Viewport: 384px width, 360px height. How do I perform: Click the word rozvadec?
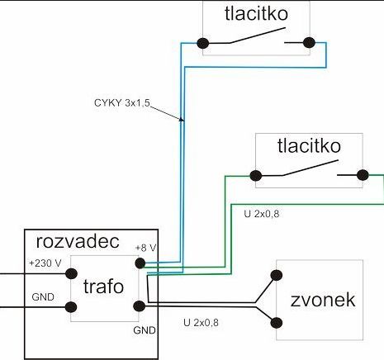coord(78,242)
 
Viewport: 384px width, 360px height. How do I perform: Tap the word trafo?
coord(103,287)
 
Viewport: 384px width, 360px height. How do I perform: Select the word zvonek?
coord(323,300)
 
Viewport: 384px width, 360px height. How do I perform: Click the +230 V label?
coord(45,263)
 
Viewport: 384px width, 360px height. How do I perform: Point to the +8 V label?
coord(145,248)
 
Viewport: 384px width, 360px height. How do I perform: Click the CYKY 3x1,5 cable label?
coord(122,103)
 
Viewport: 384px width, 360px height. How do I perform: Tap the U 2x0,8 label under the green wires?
coord(262,214)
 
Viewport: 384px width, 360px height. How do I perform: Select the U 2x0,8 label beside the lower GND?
coord(201,323)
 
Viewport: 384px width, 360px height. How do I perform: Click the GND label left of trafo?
coord(43,297)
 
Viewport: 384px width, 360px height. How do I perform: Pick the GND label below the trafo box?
coord(145,330)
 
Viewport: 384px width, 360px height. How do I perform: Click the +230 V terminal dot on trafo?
coord(71,273)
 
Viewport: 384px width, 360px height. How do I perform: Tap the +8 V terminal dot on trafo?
coord(140,263)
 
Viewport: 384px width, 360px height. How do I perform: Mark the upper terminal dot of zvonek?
coord(277,275)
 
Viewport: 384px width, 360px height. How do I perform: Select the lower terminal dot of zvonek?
coord(277,323)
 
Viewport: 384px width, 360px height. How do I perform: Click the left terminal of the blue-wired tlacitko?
coord(203,44)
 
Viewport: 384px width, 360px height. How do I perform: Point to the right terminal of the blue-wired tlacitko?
coord(309,43)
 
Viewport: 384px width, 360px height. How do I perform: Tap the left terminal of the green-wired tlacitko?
coord(256,176)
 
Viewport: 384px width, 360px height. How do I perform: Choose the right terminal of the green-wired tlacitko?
coord(363,175)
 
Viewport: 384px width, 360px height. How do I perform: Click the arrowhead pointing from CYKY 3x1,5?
coord(181,119)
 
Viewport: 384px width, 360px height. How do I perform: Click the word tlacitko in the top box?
coord(256,13)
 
